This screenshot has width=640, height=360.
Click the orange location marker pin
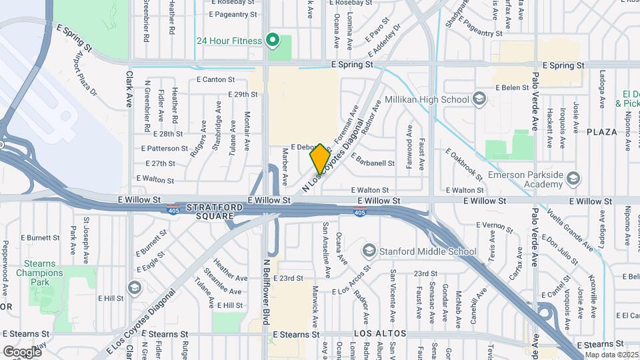pyautogui.click(x=320, y=159)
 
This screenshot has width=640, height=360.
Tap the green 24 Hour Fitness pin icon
pyautogui.click(x=272, y=41)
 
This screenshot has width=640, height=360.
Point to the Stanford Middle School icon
pyautogui.click(x=369, y=251)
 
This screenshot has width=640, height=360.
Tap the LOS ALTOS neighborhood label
pyautogui.click(x=375, y=333)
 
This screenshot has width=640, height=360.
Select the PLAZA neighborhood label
pyautogui.click(x=602, y=132)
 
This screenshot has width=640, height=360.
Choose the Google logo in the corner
pyautogui.click(x=22, y=351)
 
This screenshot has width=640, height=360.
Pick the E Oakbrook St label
pyautogui.click(x=465, y=163)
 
